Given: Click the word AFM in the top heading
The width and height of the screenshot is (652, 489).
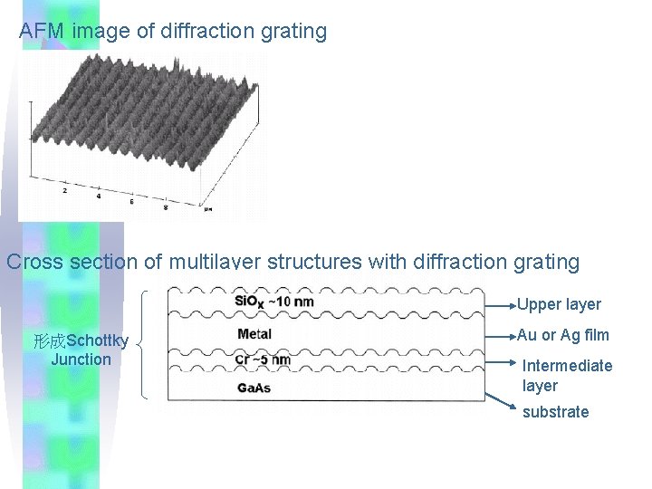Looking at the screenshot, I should tap(42, 31).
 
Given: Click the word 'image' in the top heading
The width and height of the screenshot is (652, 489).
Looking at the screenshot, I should tap(101, 31).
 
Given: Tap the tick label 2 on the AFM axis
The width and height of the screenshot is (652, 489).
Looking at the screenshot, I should tap(63, 192).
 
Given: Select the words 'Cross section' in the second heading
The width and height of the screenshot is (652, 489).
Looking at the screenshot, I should tap(72, 262).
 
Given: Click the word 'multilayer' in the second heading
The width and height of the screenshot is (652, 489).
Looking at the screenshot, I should tap(215, 262).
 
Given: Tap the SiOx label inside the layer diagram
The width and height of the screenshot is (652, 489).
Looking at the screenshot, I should tap(249, 301).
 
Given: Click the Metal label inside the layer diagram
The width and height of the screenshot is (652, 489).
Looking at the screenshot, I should tap(254, 334).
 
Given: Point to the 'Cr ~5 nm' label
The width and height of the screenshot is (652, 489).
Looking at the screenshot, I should tap(263, 360).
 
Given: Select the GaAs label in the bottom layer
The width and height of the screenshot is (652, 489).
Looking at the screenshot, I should tap(254, 388).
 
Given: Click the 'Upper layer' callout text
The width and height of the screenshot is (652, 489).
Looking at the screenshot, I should tap(559, 304).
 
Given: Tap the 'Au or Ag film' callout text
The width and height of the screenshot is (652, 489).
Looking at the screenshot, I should tap(563, 335).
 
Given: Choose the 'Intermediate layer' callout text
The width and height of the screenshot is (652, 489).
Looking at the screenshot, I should tap(567, 375).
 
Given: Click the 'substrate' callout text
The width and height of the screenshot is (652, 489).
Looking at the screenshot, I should tap(555, 412).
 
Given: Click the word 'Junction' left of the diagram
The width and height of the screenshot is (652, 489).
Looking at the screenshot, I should tap(81, 359).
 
